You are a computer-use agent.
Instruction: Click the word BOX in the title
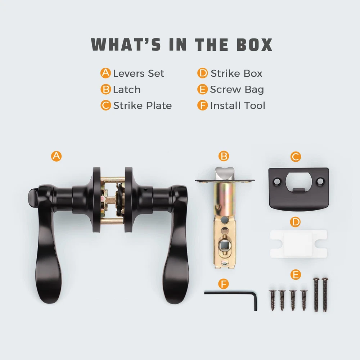pyautogui.click(x=255, y=45)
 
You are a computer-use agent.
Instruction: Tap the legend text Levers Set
pyautogui.click(x=139, y=73)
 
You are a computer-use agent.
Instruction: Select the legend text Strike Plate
pyautogui.click(x=142, y=105)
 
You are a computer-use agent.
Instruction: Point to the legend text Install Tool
pyautogui.click(x=238, y=105)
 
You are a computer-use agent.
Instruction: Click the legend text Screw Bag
pyautogui.click(x=237, y=90)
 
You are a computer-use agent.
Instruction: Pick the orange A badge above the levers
pyautogui.click(x=56, y=156)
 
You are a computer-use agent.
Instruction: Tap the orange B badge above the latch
pyautogui.click(x=224, y=156)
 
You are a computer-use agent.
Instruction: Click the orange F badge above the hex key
pyautogui.click(x=224, y=284)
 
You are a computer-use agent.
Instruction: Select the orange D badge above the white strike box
pyautogui.click(x=295, y=222)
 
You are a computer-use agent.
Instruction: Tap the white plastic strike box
pyautogui.click(x=298, y=244)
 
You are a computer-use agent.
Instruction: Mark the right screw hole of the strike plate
pyautogui.click(x=320, y=182)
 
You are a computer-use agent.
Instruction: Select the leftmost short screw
pyautogui.click(x=273, y=300)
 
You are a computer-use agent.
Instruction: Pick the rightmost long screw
pyautogui.click(x=325, y=294)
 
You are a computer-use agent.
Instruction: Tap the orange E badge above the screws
pyautogui.click(x=296, y=275)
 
